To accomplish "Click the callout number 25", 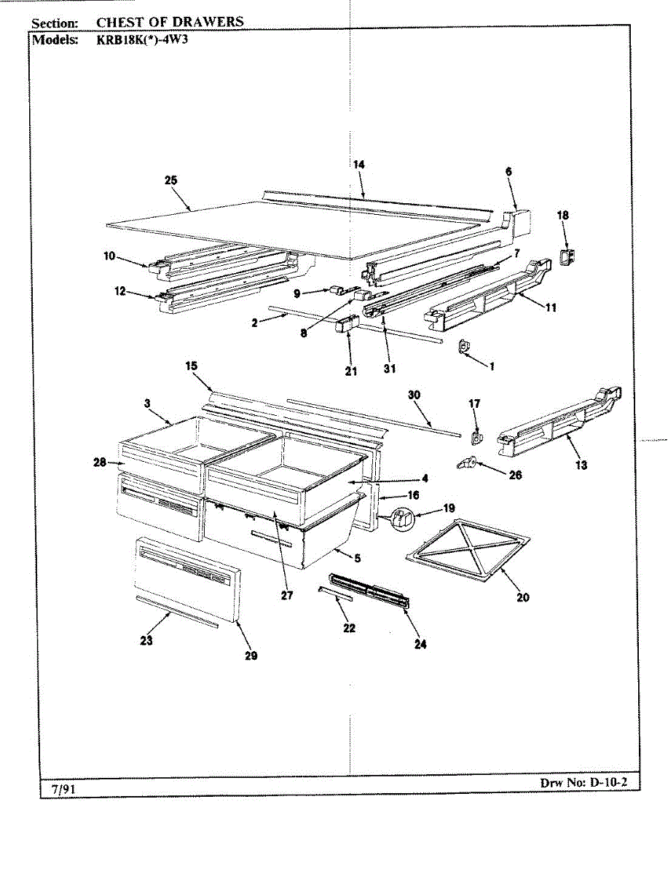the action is tap(171, 181).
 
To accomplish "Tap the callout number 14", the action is tap(358, 165).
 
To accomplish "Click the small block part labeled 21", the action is tap(346, 324).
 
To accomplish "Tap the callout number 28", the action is tap(100, 462).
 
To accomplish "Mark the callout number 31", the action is tap(390, 369).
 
